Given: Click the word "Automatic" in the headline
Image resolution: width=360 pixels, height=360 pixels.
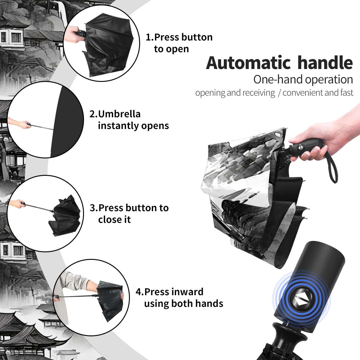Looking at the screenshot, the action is [x=248, y=63].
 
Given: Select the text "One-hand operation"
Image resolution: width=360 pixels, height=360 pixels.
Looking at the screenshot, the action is [x=303, y=79].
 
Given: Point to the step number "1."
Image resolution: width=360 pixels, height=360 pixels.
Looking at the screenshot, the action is [x=150, y=37].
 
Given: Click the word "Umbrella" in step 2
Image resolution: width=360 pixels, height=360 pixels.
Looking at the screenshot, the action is [x=119, y=114].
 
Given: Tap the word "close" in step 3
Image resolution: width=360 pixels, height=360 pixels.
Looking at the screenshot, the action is [x=109, y=219].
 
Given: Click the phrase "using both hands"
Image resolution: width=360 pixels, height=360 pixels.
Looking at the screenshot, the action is [x=184, y=304].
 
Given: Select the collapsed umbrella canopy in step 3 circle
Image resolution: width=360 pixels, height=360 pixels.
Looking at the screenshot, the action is [x=65, y=216].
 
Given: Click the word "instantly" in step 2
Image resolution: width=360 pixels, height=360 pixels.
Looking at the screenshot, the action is [x=118, y=125].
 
